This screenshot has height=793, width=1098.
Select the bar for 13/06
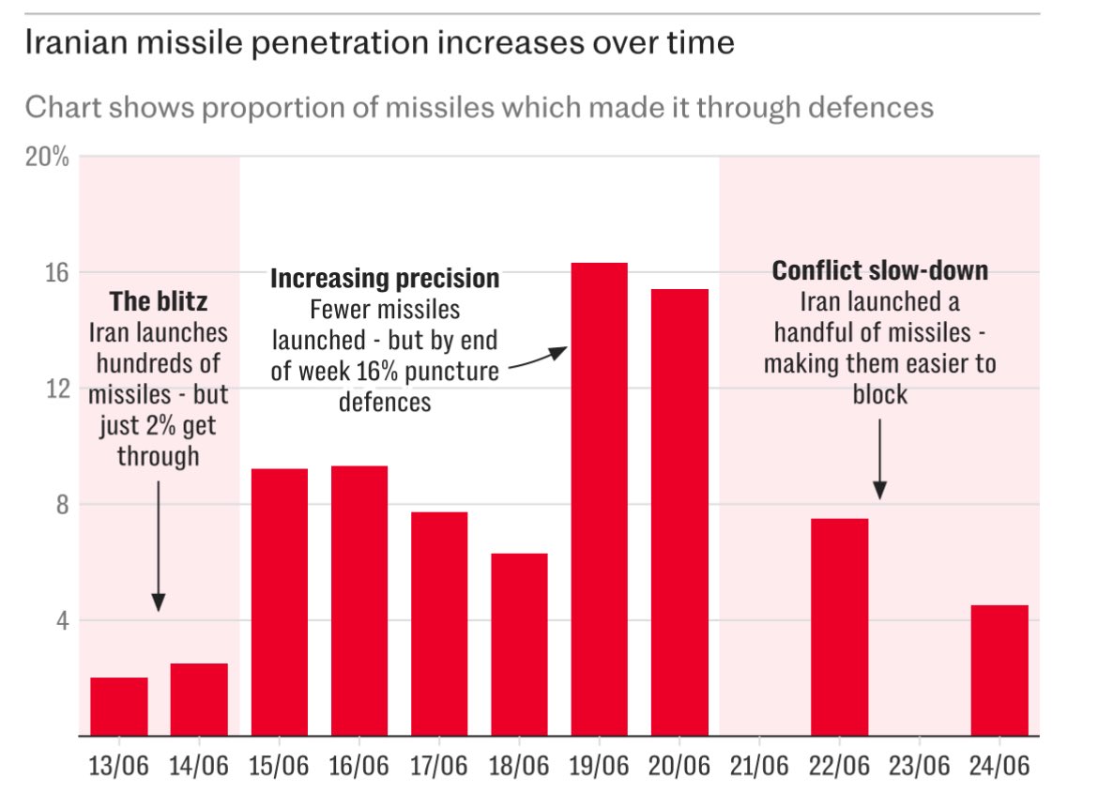click(119, 706)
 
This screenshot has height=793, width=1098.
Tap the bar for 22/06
click(839, 627)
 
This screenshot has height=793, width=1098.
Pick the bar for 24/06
click(999, 670)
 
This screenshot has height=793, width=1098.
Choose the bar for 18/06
click(519, 645)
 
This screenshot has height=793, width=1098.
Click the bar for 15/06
click(279, 602)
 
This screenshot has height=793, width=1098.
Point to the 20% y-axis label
click(47, 157)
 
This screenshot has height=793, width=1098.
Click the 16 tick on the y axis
click(58, 272)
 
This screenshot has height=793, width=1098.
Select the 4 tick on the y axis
click(62, 620)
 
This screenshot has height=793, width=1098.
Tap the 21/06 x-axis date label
click(759, 766)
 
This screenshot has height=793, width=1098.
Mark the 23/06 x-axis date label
click(919, 766)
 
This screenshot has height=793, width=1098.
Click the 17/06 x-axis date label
click(439, 766)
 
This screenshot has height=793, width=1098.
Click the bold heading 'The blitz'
click(158, 302)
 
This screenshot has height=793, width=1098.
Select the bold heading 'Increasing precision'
click(385, 279)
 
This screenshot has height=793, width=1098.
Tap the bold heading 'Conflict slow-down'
click(879, 271)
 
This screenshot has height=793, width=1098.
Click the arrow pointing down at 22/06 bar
click(879, 459)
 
